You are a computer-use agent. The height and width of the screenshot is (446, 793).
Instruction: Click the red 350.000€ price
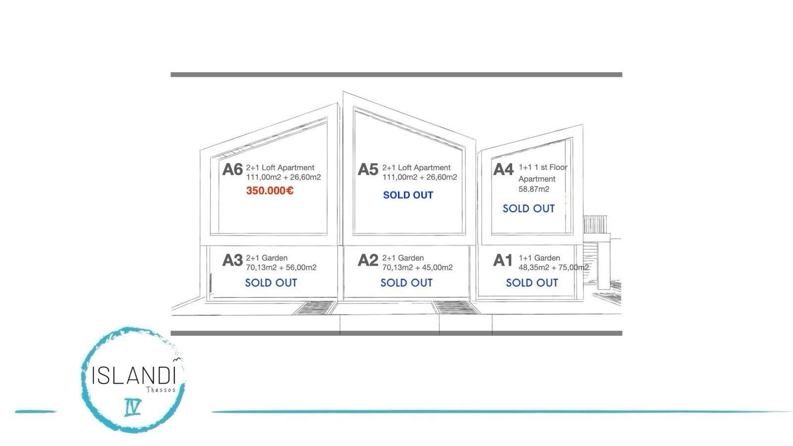pos(270,191)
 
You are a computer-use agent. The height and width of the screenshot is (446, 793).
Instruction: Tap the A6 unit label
pos(232,169)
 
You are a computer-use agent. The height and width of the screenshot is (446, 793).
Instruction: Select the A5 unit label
pos(368,169)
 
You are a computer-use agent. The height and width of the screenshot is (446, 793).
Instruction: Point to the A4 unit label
pos(503,169)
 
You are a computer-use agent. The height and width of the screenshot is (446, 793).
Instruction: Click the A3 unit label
pos(232,260)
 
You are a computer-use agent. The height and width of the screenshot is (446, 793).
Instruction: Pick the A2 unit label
pos(368,260)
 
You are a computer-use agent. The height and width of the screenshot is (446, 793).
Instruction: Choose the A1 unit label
pos(503,260)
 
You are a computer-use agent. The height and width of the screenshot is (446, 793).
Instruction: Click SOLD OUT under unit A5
pos(408,195)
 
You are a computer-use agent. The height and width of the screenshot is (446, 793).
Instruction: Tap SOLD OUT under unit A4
pos(528,209)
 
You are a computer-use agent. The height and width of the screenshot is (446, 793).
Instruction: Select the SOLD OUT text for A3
pos(271,283)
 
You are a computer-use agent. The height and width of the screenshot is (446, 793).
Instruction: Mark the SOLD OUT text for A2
pos(406,283)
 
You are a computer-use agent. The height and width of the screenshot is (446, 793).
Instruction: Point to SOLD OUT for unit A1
pos(532,283)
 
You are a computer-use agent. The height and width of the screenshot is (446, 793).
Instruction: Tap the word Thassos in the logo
pos(161,390)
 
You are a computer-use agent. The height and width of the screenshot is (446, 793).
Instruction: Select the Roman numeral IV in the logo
pos(133,407)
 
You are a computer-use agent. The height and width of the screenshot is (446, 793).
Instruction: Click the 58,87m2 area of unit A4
pos(534,189)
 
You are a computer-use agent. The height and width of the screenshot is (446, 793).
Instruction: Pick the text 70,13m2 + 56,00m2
pos(281,268)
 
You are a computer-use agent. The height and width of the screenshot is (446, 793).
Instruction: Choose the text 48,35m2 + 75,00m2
pos(554,268)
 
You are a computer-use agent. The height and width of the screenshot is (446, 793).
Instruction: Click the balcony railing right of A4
pos(595,224)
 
